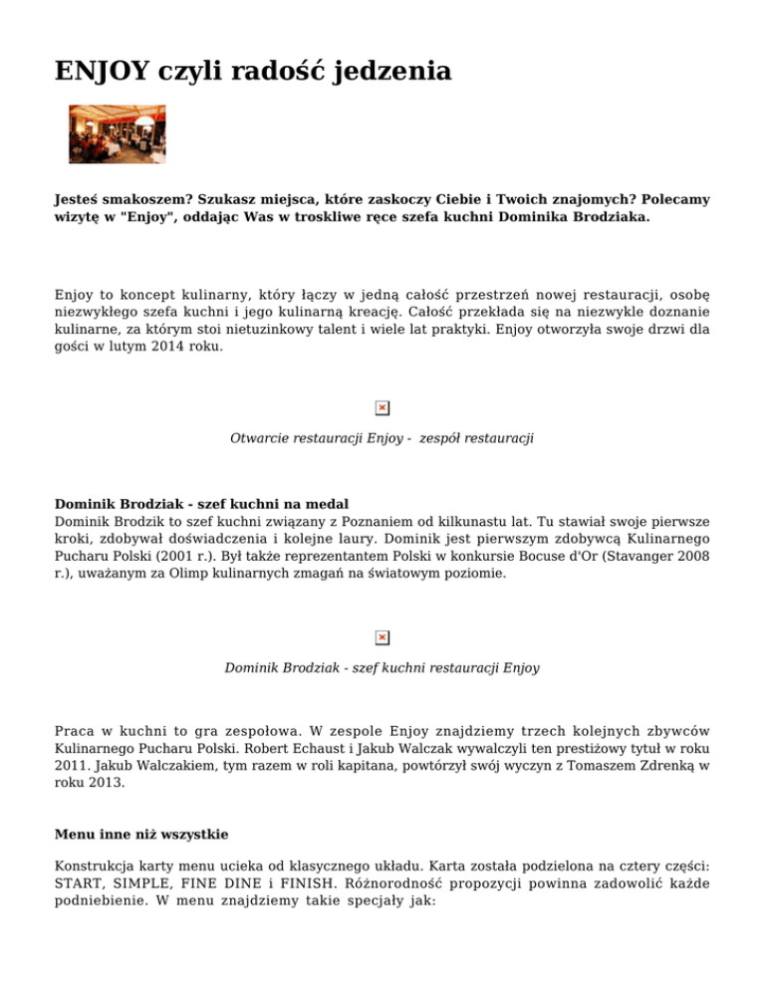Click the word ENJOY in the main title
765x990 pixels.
pyautogui.click(x=97, y=72)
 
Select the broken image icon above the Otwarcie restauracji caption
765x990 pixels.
pyautogui.click(x=382, y=408)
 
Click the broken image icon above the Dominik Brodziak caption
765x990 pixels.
pyautogui.click(x=382, y=637)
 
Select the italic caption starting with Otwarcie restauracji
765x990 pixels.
pyautogui.click(x=382, y=438)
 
